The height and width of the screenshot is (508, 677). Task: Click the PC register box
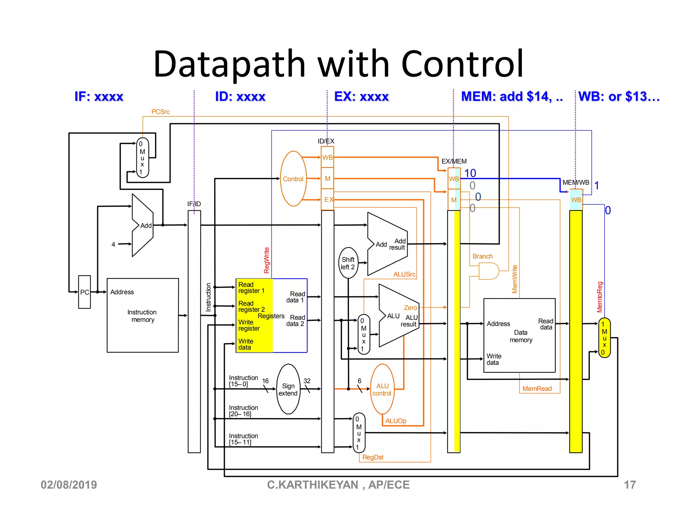(x=84, y=292)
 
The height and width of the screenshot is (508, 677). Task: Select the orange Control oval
(x=293, y=179)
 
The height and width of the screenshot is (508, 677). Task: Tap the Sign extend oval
(x=288, y=389)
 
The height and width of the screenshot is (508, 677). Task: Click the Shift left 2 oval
(x=348, y=263)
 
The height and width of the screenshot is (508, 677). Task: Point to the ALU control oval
(x=382, y=389)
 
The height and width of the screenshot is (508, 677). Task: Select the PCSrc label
(x=160, y=112)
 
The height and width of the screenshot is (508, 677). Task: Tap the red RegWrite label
(x=266, y=260)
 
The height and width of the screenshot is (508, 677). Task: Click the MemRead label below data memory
(x=537, y=389)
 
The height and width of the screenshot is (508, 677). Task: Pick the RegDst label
(x=373, y=457)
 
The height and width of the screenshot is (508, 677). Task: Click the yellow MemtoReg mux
(x=604, y=338)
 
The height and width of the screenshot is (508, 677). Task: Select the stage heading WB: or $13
(x=618, y=97)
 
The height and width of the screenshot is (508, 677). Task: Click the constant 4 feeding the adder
(x=113, y=244)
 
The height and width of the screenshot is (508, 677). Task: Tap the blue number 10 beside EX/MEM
(x=470, y=173)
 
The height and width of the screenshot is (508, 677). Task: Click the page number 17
(x=629, y=485)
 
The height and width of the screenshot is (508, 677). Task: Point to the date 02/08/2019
(x=69, y=485)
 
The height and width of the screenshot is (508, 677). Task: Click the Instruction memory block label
(x=142, y=316)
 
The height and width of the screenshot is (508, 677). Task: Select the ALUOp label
(x=396, y=421)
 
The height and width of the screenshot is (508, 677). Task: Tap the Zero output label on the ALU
(x=410, y=308)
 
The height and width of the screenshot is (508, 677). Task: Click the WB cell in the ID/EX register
(x=327, y=157)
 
